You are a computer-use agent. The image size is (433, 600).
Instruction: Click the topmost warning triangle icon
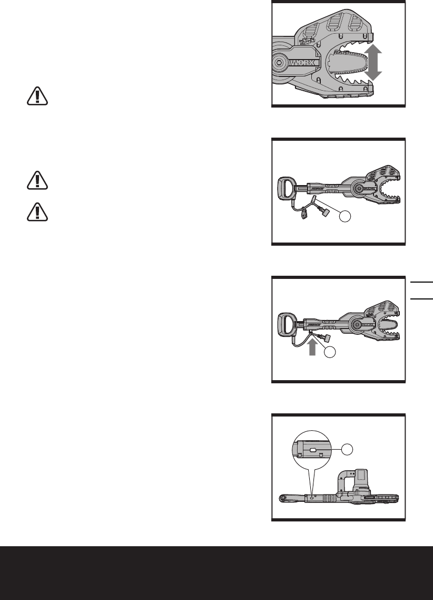coord(37,96)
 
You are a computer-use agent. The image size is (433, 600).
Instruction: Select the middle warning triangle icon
coord(37,180)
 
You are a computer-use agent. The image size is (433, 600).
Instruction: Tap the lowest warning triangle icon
coord(37,211)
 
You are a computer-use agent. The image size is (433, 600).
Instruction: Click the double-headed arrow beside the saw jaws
coord(372,62)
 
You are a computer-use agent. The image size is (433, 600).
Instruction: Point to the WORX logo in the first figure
coord(302,62)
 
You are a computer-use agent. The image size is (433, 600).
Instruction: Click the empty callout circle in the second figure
coord(345,216)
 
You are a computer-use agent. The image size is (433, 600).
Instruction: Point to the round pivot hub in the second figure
coord(359,188)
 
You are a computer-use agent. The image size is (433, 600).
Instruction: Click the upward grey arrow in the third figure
coord(312,347)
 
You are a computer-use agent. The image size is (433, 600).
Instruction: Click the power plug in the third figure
coord(326,338)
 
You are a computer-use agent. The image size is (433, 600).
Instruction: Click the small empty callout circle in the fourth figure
coord(347,450)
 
